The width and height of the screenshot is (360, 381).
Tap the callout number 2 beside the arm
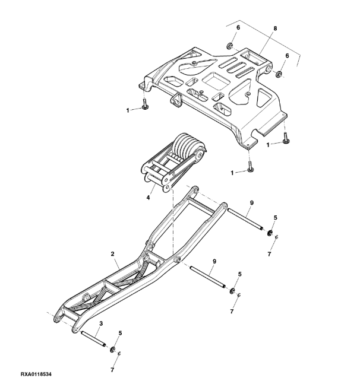[112, 253]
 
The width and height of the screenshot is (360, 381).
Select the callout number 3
[102, 323]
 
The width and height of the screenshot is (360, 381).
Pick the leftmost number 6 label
[238, 28]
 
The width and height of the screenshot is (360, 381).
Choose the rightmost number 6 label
[288, 55]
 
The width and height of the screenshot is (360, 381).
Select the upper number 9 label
[251, 203]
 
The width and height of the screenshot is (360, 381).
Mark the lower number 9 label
[214, 261]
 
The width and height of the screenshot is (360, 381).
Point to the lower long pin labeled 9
[209, 280]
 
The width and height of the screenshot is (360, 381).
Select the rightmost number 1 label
[269, 144]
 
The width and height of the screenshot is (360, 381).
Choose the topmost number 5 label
[275, 218]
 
